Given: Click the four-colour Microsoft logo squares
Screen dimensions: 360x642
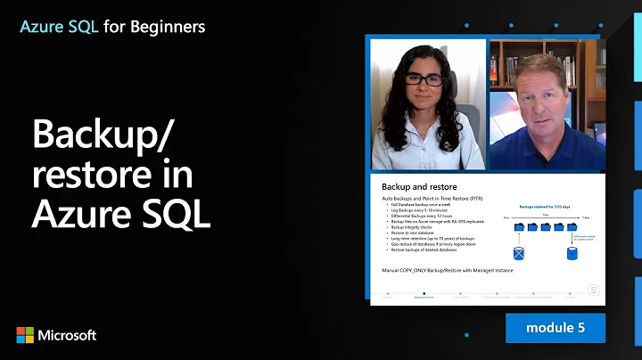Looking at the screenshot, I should click(26, 335).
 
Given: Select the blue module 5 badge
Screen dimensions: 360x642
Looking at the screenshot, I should click(555, 327).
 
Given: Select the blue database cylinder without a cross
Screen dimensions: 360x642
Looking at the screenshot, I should click(572, 252).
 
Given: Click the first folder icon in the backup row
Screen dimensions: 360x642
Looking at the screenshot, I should click(518, 227).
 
